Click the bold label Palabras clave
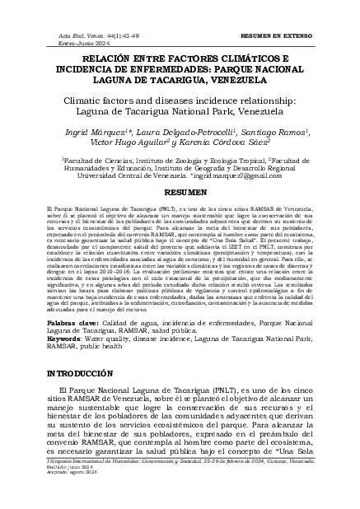pyautogui.click(x=69, y=325)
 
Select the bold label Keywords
pyautogui.click(x=64, y=338)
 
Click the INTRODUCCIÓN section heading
pyautogui.click(x=81, y=373)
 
